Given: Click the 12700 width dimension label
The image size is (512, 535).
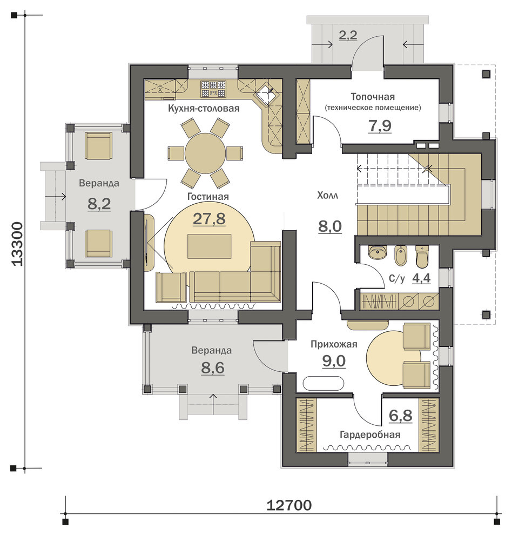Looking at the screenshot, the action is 289,505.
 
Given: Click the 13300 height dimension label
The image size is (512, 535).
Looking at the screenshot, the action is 17,244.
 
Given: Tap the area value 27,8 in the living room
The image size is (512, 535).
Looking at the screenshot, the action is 209,218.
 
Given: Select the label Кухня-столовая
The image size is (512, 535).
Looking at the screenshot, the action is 204,109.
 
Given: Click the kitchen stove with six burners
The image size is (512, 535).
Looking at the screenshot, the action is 213,89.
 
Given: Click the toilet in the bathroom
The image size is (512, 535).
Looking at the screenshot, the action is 422,257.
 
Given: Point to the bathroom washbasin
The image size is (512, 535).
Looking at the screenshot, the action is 378,252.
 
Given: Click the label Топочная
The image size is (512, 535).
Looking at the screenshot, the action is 373,97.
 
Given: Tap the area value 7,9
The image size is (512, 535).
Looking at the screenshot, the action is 380,126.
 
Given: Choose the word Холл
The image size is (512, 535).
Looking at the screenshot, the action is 327,196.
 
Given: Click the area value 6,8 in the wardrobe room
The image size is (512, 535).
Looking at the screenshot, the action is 400,416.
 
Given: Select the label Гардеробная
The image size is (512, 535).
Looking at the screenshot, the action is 370,434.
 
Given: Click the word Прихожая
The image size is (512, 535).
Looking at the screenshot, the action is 334,344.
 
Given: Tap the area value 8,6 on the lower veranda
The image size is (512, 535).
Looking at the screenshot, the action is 212,368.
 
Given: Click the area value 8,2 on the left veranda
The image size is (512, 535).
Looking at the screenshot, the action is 99,204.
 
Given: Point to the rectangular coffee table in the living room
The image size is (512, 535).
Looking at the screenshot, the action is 210,246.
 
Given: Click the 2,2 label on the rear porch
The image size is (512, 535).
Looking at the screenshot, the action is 348,35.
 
